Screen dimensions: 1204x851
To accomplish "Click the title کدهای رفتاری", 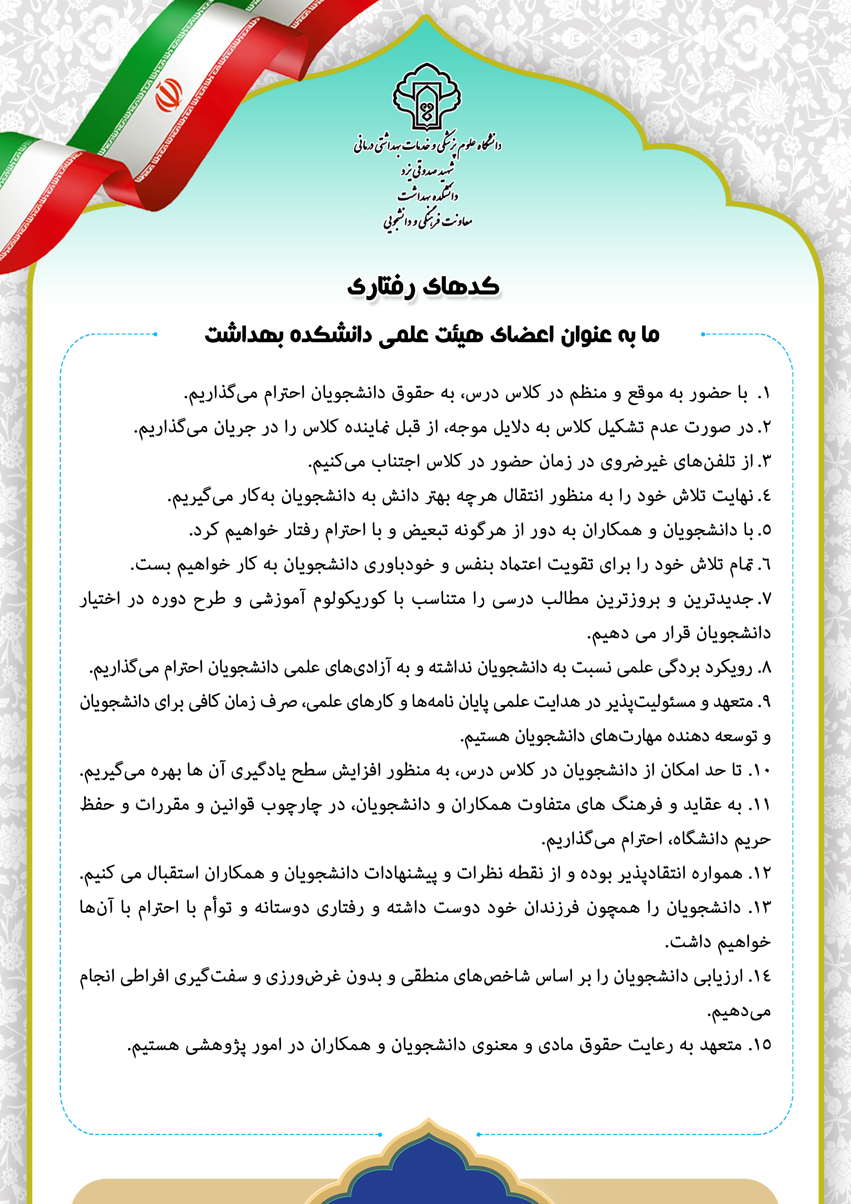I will (x=424, y=286).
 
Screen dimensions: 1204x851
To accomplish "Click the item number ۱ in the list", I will (x=765, y=394).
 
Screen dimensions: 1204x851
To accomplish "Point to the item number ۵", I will (x=765, y=531).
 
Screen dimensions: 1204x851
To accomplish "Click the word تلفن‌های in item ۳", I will (x=697, y=462).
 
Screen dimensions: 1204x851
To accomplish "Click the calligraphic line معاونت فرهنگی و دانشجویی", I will (x=427, y=221).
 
